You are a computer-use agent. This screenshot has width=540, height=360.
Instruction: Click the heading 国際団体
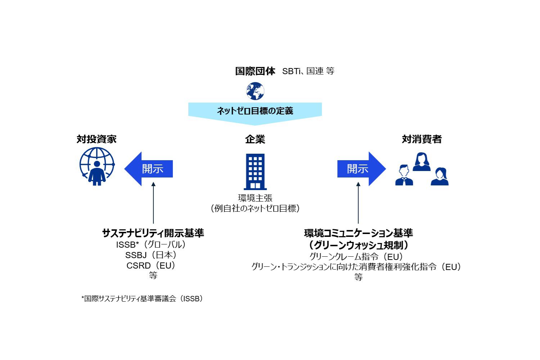(x=255, y=71)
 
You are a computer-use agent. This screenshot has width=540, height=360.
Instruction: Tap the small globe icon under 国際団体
(x=255, y=91)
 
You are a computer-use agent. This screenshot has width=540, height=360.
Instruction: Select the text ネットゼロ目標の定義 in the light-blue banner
(x=255, y=111)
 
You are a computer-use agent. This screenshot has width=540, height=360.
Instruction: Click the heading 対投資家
(x=96, y=139)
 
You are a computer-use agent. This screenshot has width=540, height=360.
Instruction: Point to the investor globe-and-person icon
(x=97, y=167)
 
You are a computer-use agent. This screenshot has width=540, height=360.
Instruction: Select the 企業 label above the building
(x=255, y=139)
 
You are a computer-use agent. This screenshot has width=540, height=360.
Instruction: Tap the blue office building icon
(x=255, y=171)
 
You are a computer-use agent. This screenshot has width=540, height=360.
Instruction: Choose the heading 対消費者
(x=422, y=139)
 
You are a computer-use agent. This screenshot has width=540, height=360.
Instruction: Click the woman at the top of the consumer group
(x=422, y=162)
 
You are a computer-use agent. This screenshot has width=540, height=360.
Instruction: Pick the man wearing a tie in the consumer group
(x=404, y=176)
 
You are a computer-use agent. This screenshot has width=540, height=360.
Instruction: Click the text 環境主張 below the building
(x=255, y=198)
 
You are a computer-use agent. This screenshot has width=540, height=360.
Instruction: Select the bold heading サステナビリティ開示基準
(x=153, y=233)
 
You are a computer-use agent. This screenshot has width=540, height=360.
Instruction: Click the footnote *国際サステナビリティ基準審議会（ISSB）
(x=142, y=299)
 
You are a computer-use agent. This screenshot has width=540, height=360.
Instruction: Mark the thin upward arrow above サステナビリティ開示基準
(x=153, y=203)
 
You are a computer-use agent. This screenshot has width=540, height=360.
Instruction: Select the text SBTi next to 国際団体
(x=291, y=71)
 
